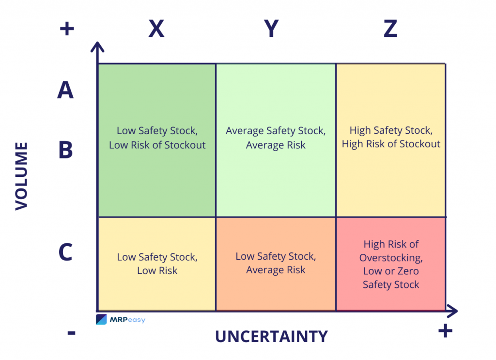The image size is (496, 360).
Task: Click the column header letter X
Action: [156, 29]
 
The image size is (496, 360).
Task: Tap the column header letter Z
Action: [390, 29]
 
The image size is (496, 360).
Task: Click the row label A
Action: [65, 90]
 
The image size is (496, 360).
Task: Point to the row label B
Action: [65, 150]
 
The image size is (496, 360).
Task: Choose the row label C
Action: [65, 252]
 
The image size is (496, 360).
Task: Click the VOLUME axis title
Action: [21, 176]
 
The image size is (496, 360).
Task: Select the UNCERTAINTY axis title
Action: [271, 336]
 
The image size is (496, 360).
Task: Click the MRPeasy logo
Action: [121, 319]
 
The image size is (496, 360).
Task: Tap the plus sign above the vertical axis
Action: [66, 29]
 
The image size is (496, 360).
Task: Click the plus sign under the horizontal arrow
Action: [445, 331]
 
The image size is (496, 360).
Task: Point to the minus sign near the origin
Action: [71, 332]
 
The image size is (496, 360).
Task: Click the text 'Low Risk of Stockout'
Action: [157, 145]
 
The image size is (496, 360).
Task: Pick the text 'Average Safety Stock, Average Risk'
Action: [276, 138]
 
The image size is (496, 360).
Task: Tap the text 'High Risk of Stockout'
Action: [391, 144]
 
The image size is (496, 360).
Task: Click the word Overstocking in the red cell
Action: [391, 257]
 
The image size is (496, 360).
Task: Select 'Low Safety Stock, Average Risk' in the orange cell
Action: [276, 263]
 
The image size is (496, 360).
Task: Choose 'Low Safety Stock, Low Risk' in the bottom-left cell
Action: [157, 264]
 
